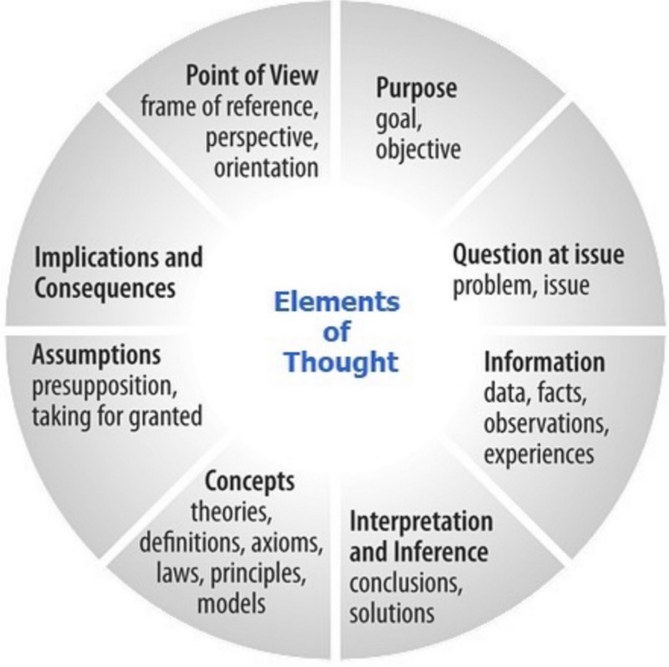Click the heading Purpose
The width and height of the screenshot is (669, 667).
[x=417, y=89]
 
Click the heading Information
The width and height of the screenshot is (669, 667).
[x=544, y=363]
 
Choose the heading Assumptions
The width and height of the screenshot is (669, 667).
[x=96, y=355]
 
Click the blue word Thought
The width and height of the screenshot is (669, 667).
[x=340, y=363]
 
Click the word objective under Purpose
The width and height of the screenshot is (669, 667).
[x=418, y=150]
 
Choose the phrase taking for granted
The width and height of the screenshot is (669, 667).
[x=117, y=415]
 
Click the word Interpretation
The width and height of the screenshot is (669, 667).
[x=421, y=522]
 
